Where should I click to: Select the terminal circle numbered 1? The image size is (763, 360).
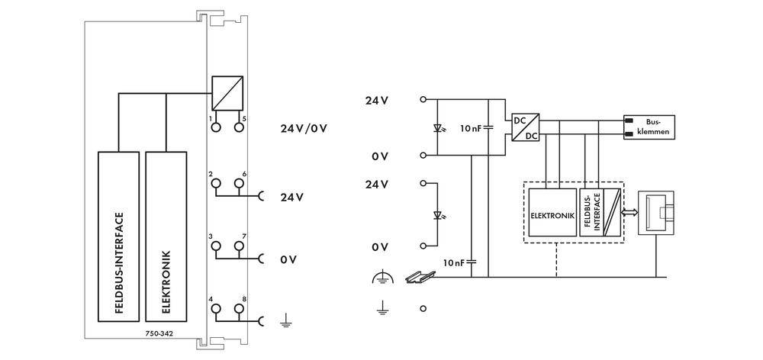tap(215, 127)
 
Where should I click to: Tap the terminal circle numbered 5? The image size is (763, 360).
tap(239, 127)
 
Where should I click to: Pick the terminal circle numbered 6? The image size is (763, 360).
tap(239, 183)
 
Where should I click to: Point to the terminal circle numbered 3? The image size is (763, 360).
tap(215, 246)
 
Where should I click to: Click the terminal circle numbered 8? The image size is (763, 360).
tap(239, 308)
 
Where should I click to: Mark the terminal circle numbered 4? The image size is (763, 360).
tap(215, 308)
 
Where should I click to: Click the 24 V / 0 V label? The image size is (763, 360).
tap(303, 127)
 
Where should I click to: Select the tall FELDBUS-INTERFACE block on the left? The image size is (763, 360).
tap(118, 237)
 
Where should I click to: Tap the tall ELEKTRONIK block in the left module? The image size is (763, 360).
tap(166, 237)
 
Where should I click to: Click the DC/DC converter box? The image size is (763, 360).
tap(526, 127)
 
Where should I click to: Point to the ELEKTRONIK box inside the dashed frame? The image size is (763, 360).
tap(551, 215)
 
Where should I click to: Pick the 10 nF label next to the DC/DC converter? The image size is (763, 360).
tap(470, 127)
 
